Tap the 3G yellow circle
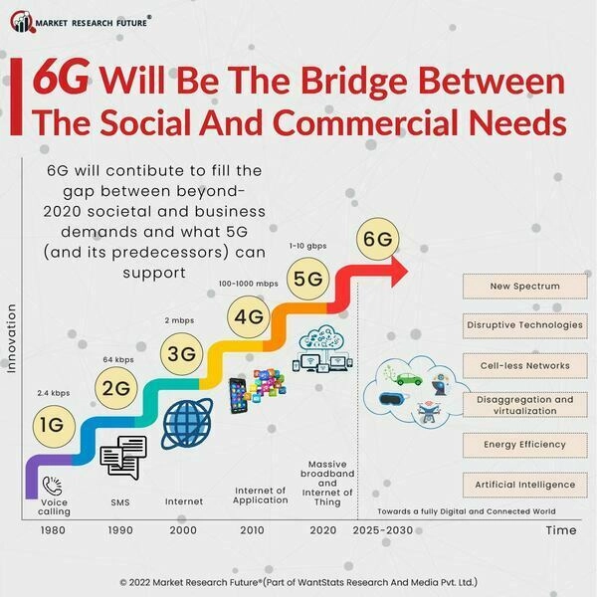click(181, 353)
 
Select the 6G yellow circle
click(377, 240)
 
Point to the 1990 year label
click(119, 530)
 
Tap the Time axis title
click(560, 530)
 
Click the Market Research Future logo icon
click(20, 21)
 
